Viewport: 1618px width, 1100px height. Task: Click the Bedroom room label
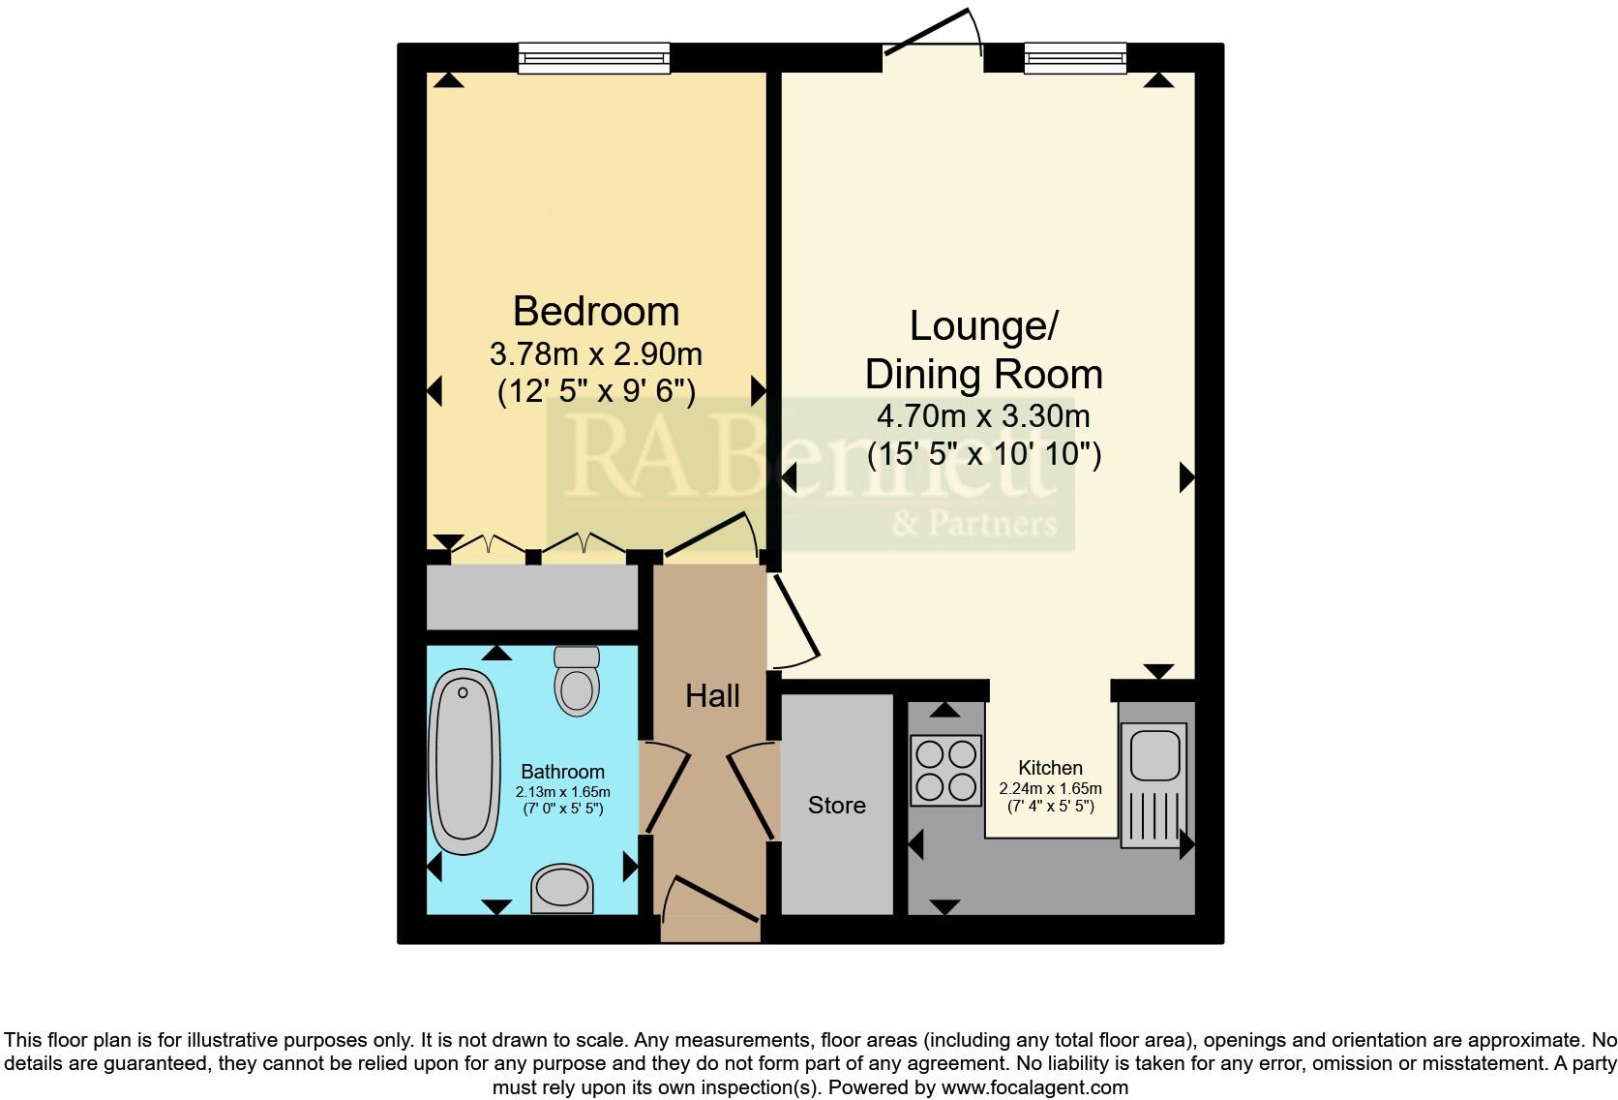pos(596,312)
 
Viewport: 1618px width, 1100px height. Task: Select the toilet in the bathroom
pos(577,681)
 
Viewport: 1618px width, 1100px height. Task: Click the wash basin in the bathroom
pos(561,887)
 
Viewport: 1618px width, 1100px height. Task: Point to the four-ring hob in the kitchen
pos(945,770)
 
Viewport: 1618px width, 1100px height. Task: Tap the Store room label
pos(837,806)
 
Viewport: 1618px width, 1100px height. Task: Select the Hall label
pos(712,695)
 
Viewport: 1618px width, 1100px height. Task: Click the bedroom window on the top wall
pos(593,57)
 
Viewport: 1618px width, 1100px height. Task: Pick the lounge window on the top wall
pos(1074,57)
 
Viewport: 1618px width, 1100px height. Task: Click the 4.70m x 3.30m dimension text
pos(983,417)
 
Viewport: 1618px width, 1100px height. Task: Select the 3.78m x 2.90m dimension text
pos(596,353)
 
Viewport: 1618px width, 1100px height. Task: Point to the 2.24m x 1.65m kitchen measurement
pos(1050,789)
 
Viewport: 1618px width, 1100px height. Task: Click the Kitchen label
pos(1050,768)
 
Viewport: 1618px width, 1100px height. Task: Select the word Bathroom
pos(562,772)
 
